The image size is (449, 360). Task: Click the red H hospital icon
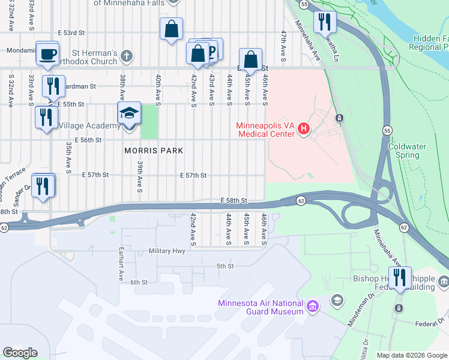[304, 128]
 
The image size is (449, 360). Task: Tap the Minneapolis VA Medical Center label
[266, 130]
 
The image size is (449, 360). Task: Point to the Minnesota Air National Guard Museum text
[261, 307]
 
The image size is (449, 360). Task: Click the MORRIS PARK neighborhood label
[154, 151]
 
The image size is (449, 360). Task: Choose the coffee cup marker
[47, 55]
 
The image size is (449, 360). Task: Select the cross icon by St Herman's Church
[125, 56]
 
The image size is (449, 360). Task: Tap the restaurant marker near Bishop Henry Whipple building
[400, 278]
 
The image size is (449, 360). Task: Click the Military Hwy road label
[167, 251]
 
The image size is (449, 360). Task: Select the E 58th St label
[234, 199]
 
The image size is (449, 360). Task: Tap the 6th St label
[139, 283]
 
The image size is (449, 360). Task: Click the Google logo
[20, 353]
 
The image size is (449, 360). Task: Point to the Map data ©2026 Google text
[411, 355]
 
